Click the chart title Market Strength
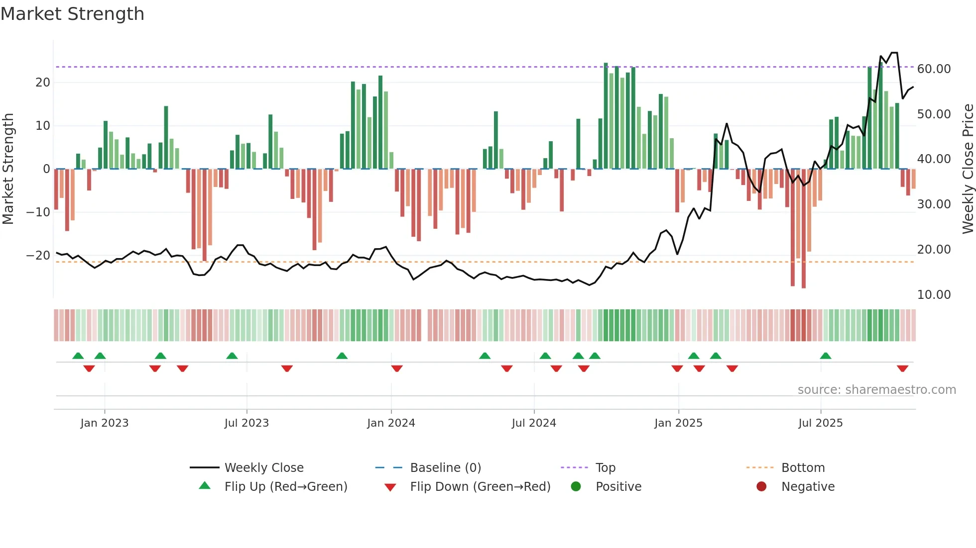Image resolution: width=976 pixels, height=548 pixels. click(72, 14)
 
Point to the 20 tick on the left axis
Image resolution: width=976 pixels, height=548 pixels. click(43, 83)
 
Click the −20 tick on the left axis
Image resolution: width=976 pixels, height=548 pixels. click(39, 256)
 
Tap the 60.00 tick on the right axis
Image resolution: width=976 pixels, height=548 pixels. click(934, 69)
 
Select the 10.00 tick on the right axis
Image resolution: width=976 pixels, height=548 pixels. click(934, 295)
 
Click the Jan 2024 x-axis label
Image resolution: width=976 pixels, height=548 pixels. click(391, 423)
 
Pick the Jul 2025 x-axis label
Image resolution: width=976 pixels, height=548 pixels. click(820, 423)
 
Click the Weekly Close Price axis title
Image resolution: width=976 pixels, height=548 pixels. click(968, 169)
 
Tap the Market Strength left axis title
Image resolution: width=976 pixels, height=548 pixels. click(8, 169)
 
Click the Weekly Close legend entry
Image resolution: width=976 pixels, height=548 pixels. click(264, 468)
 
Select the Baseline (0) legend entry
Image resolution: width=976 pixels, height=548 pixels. click(445, 468)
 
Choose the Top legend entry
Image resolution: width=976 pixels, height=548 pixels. click(606, 468)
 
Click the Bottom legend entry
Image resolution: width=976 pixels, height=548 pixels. click(803, 468)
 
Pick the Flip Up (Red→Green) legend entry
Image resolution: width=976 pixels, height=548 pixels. click(285, 487)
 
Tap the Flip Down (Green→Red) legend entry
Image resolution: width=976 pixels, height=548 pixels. click(480, 487)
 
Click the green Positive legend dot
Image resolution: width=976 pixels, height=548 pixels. click(576, 486)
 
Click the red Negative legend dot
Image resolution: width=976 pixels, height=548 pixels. click(761, 486)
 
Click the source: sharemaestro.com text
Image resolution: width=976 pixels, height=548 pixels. click(876, 390)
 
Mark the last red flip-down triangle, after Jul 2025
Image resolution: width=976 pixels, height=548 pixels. click(902, 368)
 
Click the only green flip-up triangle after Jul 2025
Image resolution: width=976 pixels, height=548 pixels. click(826, 356)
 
